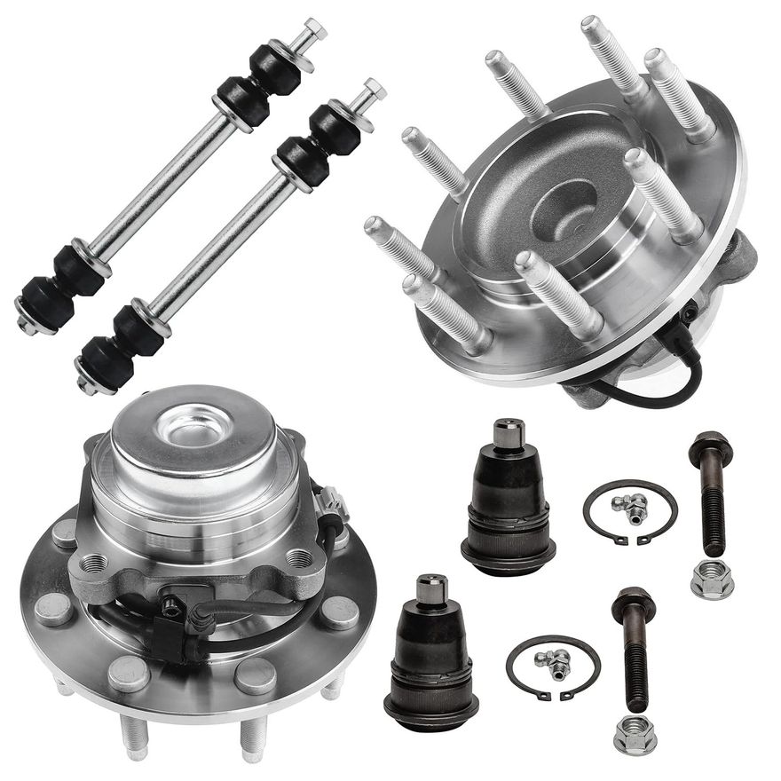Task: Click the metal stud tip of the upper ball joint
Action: (508, 434)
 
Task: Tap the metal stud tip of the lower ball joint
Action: (431, 588)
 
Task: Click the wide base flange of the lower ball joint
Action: (430, 709)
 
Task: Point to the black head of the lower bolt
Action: (634, 603)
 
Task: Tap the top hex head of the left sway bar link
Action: (313, 32)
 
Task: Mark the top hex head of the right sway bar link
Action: (374, 90)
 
